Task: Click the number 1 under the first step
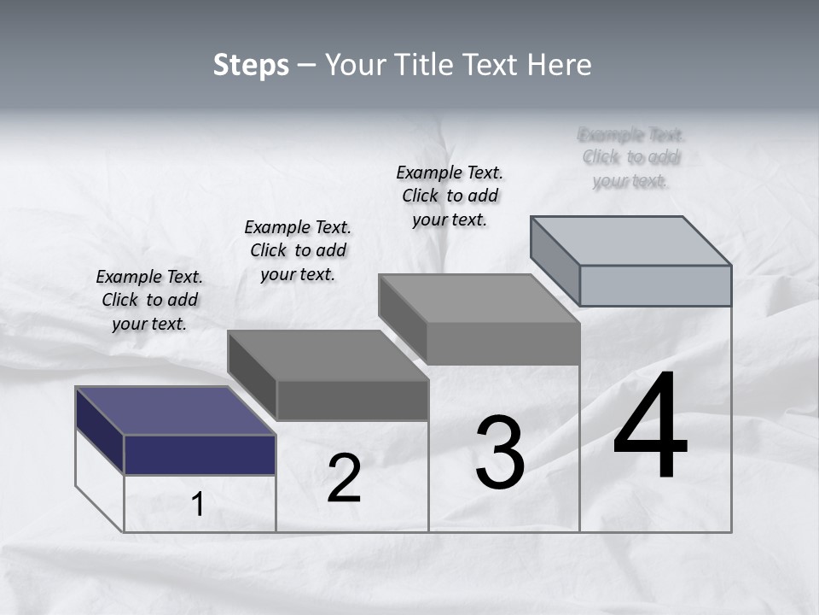tap(198, 504)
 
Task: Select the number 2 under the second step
tap(344, 478)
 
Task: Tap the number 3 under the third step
tap(500, 453)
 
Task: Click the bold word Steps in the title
tap(251, 65)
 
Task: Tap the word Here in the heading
tap(561, 65)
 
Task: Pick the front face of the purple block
tap(200, 454)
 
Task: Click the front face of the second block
tap(352, 400)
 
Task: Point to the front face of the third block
tap(503, 344)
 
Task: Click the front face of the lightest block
tap(655, 285)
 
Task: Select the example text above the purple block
tap(149, 300)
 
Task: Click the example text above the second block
tap(298, 250)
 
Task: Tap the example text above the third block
tap(450, 196)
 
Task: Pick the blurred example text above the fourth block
tap(631, 157)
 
